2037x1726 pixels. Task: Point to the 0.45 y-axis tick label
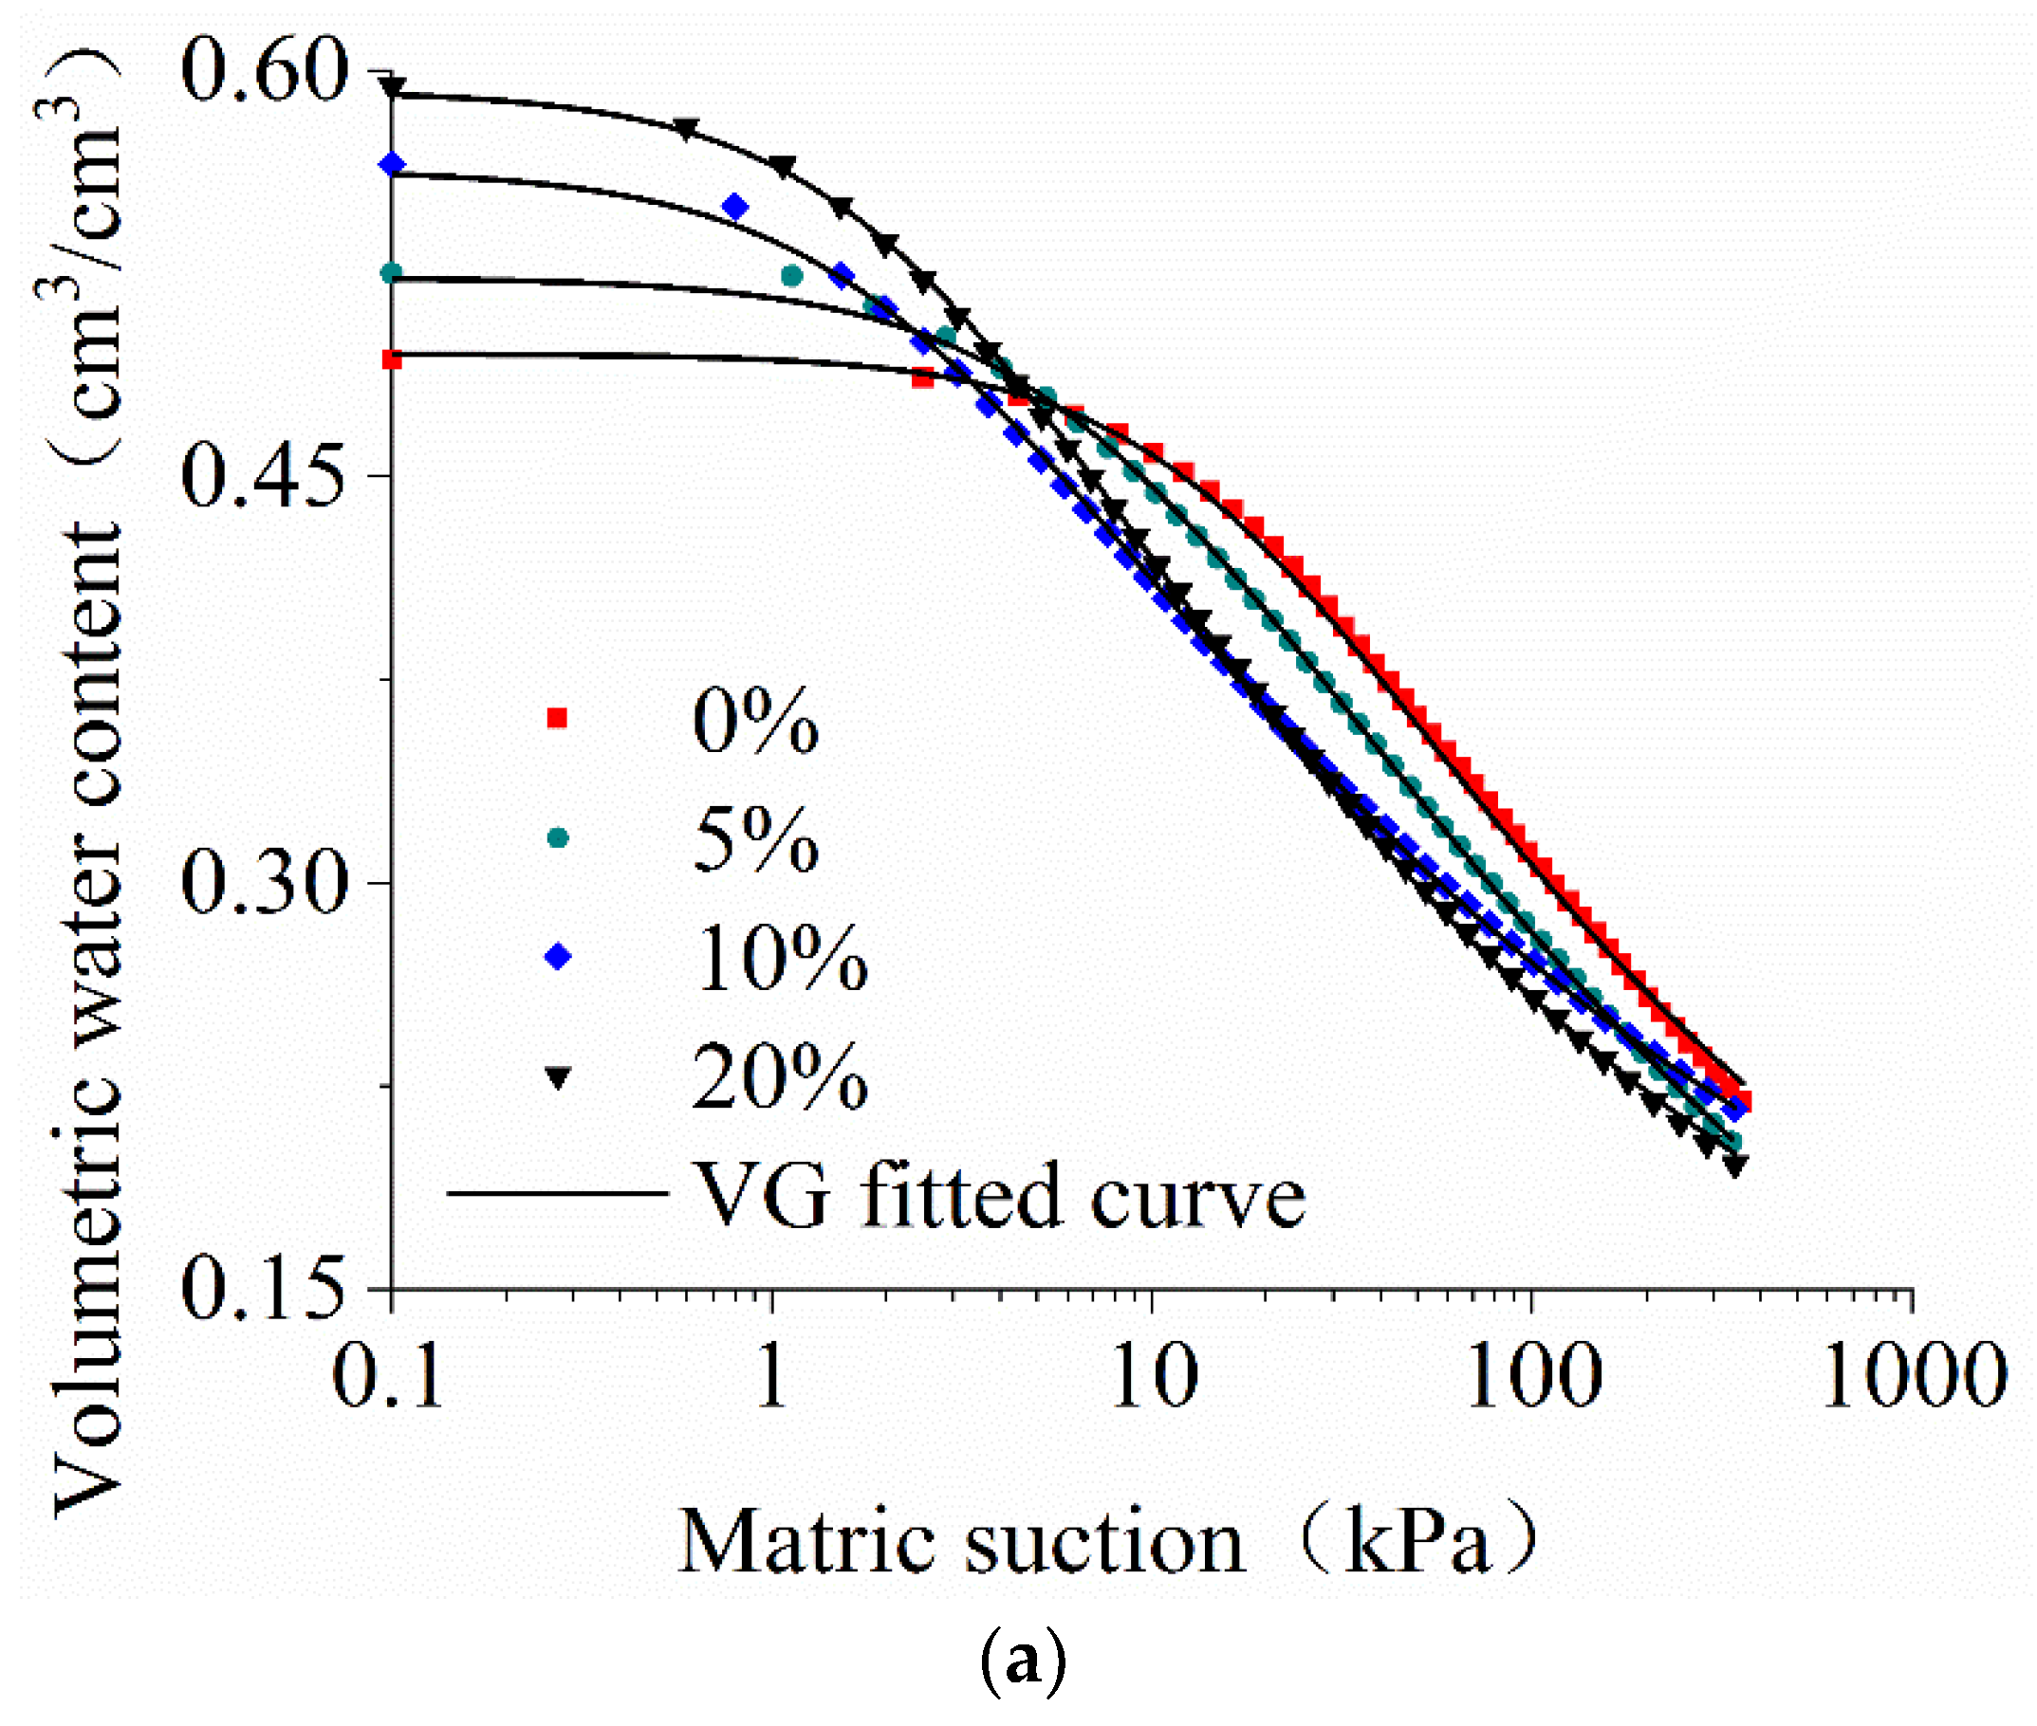pyautogui.click(x=265, y=476)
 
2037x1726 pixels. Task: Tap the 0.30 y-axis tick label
pyautogui.click(x=265, y=883)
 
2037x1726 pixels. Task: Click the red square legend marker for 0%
pyautogui.click(x=557, y=719)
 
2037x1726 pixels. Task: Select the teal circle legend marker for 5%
pyautogui.click(x=558, y=837)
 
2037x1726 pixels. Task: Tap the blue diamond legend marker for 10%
pyautogui.click(x=558, y=956)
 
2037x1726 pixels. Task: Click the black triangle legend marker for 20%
pyautogui.click(x=558, y=1077)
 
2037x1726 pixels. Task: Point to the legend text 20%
pyautogui.click(x=779, y=1077)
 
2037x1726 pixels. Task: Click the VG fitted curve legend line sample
pyautogui.click(x=557, y=1193)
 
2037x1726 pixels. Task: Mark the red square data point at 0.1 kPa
pyautogui.click(x=392, y=360)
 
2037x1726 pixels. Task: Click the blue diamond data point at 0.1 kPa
pyautogui.click(x=393, y=164)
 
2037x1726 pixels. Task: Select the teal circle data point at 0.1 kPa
pyautogui.click(x=392, y=273)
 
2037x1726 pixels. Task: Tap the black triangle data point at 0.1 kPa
pyautogui.click(x=393, y=89)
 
